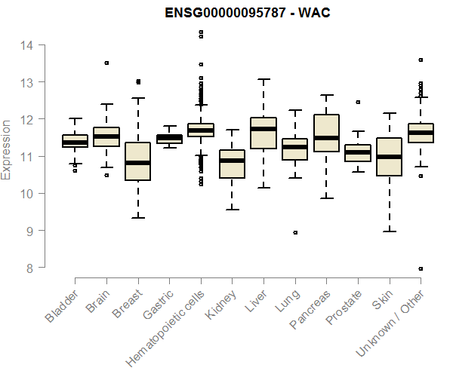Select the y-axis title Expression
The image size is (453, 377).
click(x=7, y=149)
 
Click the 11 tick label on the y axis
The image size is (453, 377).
click(x=26, y=156)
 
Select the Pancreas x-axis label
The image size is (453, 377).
click(x=310, y=309)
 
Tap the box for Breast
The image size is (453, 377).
click(x=137, y=161)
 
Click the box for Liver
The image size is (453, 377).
click(x=263, y=133)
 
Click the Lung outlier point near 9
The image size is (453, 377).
click(x=295, y=233)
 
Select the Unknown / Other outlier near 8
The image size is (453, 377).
click(x=421, y=268)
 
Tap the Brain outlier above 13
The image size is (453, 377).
click(x=106, y=63)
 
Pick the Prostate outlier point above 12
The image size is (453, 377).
click(x=358, y=102)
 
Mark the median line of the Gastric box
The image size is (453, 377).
click(x=169, y=137)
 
